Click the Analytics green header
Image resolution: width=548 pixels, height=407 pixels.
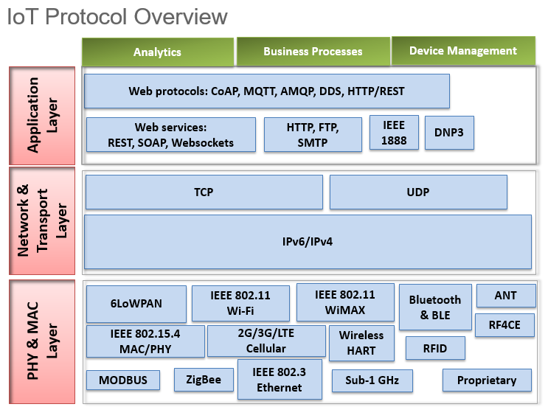tap(158, 52)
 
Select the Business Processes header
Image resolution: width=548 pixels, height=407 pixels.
tap(313, 51)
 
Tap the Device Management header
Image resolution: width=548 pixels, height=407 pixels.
tap(463, 51)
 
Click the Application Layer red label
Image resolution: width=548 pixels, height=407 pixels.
tap(42, 116)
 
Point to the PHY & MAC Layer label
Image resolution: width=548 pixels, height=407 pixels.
tap(42, 341)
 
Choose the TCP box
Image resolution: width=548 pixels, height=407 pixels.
tap(204, 192)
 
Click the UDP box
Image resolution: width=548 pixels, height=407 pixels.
tap(418, 192)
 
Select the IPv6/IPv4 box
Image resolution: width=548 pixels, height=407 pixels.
tap(308, 242)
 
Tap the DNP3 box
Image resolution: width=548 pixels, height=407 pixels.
tap(449, 133)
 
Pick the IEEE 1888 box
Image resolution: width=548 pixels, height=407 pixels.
tap(394, 133)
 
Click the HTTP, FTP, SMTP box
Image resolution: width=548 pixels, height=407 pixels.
tap(313, 135)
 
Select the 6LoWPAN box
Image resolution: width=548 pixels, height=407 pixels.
tap(136, 304)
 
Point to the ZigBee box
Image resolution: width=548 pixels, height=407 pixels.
tap(204, 380)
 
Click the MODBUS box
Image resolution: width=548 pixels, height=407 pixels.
tap(123, 380)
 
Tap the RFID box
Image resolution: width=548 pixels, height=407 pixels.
tap(435, 348)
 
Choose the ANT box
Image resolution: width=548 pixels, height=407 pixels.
tap(506, 296)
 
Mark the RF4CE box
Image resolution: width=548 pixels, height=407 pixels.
tap(504, 325)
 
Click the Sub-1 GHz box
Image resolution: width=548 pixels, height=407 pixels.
tap(372, 380)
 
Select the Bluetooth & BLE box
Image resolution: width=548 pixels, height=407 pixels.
tap(435, 307)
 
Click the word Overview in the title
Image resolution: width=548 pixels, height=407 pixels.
tap(181, 16)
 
